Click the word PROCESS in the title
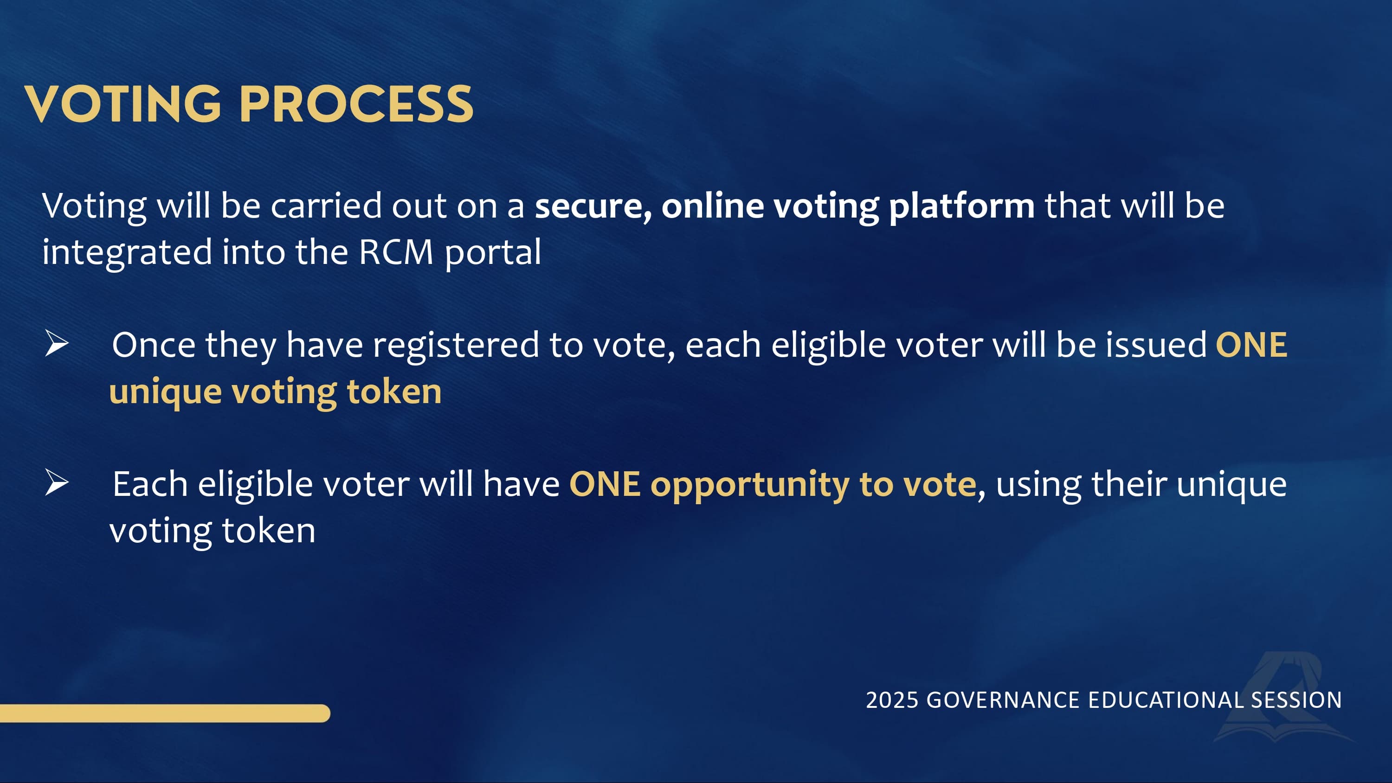[x=356, y=104]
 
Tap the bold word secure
[x=593, y=207]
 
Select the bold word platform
[x=962, y=207]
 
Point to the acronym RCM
[x=396, y=252]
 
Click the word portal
[x=493, y=253]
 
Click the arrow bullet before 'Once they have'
[x=57, y=344]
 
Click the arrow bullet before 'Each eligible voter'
[x=57, y=482]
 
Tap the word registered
[x=456, y=347]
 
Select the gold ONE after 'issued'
[x=1251, y=345]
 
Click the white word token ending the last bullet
[x=269, y=530]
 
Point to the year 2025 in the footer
[x=892, y=700]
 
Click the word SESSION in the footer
[x=1296, y=700]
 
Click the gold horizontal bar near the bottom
[x=165, y=713]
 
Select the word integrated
[x=127, y=253]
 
